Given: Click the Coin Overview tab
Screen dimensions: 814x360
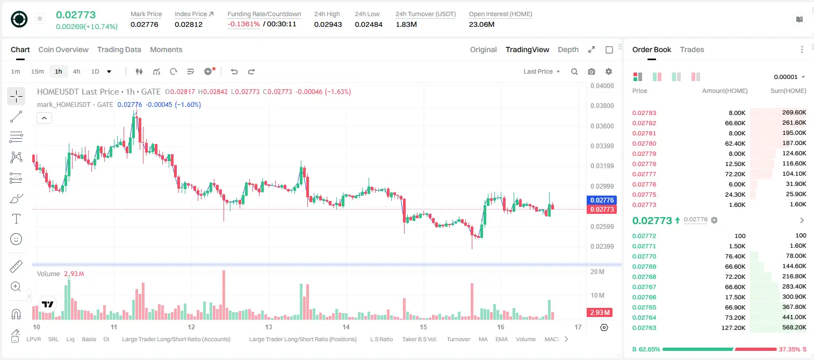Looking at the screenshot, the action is (x=63, y=49).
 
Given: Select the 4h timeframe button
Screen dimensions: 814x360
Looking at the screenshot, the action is (x=76, y=71).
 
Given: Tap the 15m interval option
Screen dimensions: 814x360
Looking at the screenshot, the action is (x=38, y=71).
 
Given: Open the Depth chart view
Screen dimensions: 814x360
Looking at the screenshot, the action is (x=568, y=49).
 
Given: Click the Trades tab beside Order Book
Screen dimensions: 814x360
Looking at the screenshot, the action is (x=692, y=49).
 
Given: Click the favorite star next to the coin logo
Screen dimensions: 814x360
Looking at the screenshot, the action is (x=40, y=18).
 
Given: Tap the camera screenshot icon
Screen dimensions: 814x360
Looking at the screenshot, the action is (x=592, y=71).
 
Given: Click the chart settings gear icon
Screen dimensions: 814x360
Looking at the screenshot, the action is (x=609, y=71).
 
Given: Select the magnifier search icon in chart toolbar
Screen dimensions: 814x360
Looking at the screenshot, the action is (x=574, y=71).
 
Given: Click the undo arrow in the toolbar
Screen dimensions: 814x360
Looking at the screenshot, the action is (x=234, y=71).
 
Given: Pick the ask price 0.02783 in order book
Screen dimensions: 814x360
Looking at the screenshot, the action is (x=644, y=113).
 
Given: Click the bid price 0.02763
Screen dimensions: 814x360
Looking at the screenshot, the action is (x=644, y=328).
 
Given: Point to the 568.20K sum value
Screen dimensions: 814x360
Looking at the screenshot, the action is (x=794, y=327).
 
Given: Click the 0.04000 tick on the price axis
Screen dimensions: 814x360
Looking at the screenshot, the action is (x=602, y=86).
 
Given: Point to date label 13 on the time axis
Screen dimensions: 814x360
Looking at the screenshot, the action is (x=269, y=327).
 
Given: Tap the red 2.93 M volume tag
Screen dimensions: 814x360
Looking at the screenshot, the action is (x=600, y=312).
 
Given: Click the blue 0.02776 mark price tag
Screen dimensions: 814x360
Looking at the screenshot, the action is (x=602, y=200).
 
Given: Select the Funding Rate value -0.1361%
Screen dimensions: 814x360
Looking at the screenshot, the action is (x=243, y=24).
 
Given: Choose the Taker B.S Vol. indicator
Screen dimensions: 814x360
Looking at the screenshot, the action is (x=419, y=339).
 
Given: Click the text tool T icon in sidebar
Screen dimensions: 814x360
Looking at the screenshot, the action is (x=16, y=219).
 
